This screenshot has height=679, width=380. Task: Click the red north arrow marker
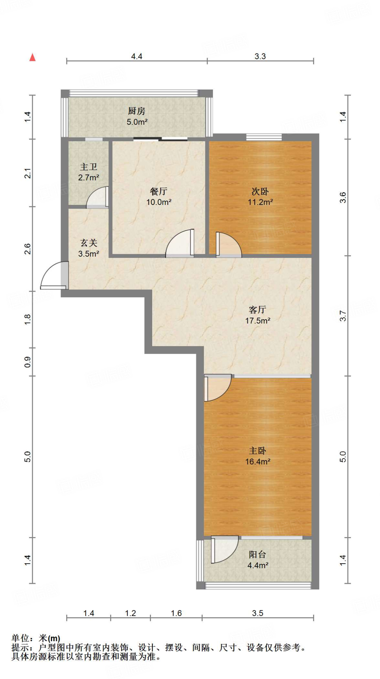32,57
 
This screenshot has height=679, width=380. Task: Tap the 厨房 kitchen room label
137,111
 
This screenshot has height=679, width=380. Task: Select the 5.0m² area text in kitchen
137,122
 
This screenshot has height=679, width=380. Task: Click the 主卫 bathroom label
89,167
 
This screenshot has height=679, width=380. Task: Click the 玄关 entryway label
89,243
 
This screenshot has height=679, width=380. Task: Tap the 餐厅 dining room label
158,191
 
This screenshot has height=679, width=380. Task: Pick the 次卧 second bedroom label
260,191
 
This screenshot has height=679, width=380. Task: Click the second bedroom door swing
228,244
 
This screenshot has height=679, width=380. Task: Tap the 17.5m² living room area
258,321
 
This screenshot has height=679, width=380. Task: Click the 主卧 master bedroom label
257,451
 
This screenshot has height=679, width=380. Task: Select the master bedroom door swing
217,387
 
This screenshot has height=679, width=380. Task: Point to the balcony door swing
224,549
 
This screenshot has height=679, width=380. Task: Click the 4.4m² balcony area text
258,565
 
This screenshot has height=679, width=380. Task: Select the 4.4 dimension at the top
136,56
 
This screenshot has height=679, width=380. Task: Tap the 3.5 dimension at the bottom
257,613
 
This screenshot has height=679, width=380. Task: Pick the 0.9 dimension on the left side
28,362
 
